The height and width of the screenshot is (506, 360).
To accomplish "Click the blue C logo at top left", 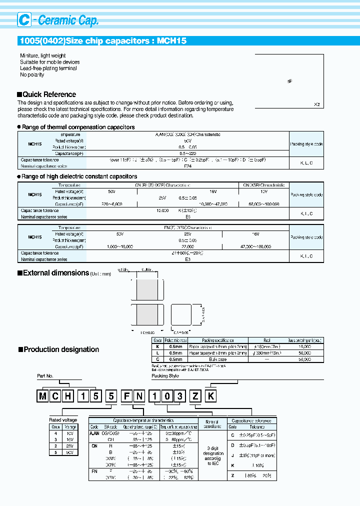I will pyautogui.click(x=23, y=19).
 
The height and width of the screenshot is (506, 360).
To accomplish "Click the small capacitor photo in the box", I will pyautogui.click(x=290, y=81).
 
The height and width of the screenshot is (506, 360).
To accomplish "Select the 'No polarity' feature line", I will pyautogui.click(x=32, y=75).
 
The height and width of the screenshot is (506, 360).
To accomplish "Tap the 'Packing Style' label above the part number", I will pyautogui.click(x=165, y=375).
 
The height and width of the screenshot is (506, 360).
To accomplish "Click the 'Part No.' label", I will pyautogui.click(x=45, y=375).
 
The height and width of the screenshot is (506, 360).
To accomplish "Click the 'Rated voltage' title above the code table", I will pyautogui.click(x=63, y=420).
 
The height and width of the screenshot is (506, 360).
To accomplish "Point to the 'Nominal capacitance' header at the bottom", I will pyautogui.click(x=212, y=424).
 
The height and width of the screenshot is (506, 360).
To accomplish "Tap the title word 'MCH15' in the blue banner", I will pyautogui.click(x=171, y=41).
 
